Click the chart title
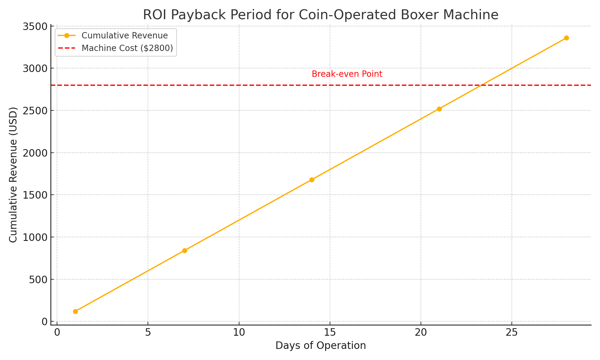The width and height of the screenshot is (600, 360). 320,15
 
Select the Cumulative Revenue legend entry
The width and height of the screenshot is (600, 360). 124,36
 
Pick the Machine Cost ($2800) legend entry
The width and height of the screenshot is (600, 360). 127,48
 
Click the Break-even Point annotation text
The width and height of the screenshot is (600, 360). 347,74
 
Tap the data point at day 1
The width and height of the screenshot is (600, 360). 75,311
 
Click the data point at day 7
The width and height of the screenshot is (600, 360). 184,250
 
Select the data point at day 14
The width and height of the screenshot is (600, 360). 312,180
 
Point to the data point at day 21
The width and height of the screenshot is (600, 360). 439,109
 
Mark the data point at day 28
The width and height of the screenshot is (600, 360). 566,38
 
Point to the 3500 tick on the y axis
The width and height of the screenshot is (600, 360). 35,26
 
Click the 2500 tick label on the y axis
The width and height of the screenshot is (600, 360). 35,111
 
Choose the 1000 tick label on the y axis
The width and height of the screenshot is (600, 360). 35,237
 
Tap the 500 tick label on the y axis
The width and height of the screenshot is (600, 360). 38,280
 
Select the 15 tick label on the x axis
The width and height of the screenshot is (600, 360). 330,333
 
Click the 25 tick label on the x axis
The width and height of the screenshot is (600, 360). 511,333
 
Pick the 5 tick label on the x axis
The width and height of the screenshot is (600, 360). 148,333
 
